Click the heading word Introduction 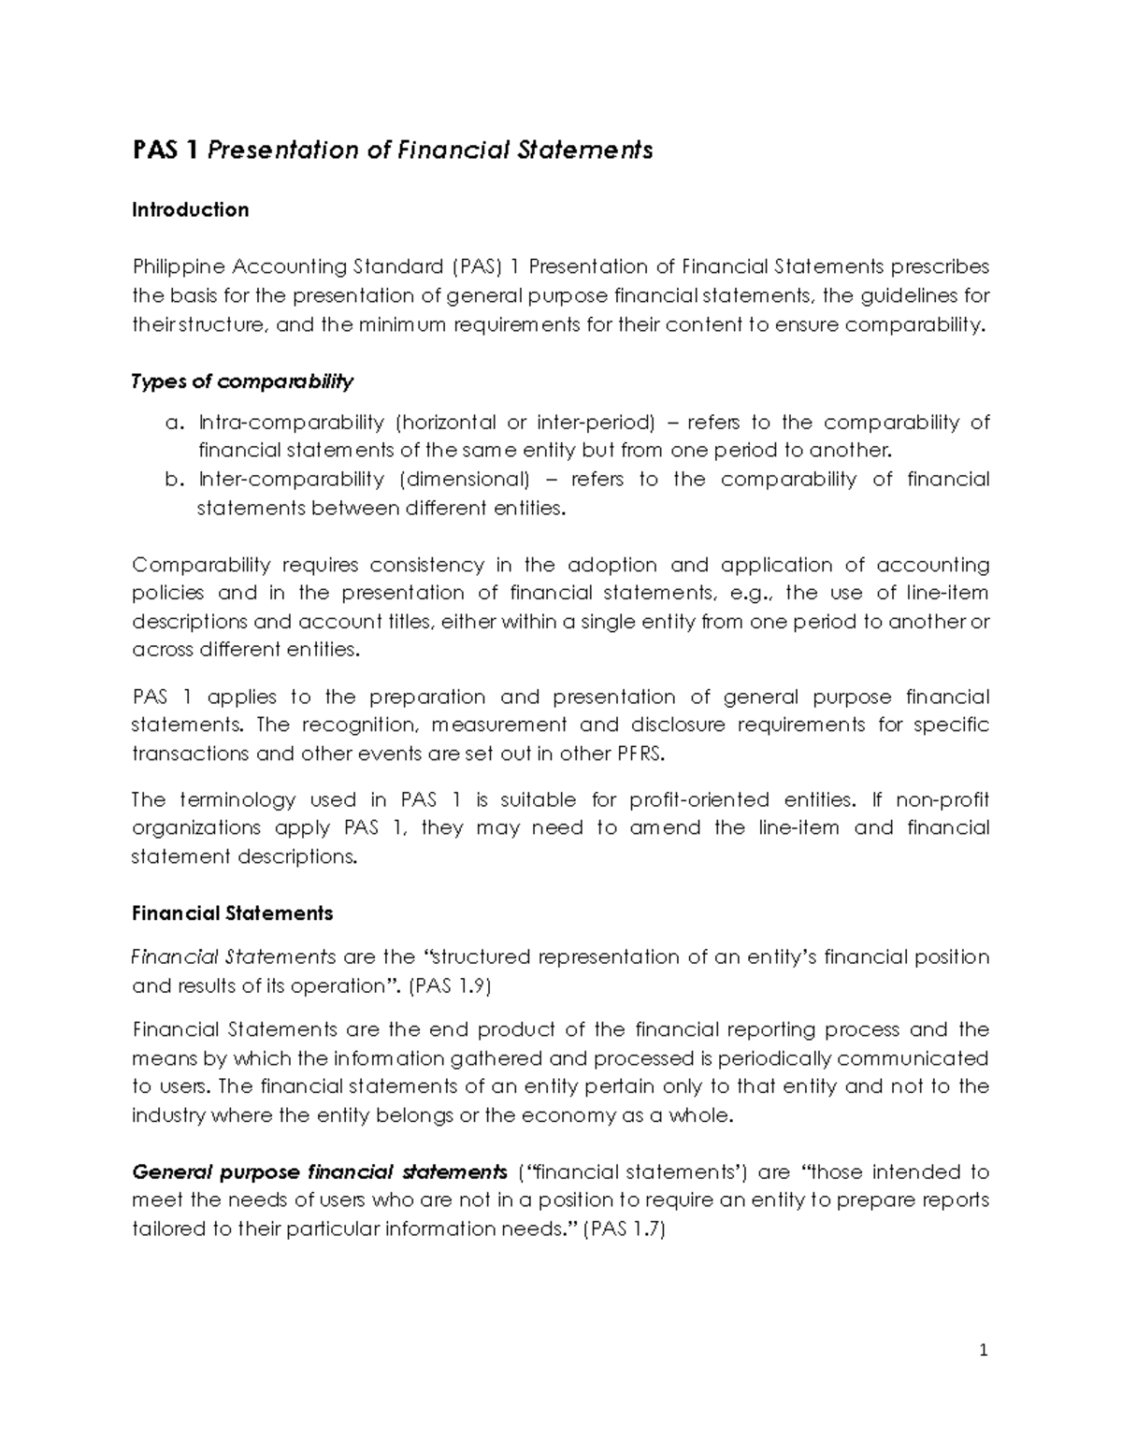coord(190,210)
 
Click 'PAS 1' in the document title coord(165,151)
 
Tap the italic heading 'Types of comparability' coord(242,381)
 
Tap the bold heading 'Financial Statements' coord(232,913)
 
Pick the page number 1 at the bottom coord(984,1350)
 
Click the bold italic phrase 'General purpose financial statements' coord(319,1172)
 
